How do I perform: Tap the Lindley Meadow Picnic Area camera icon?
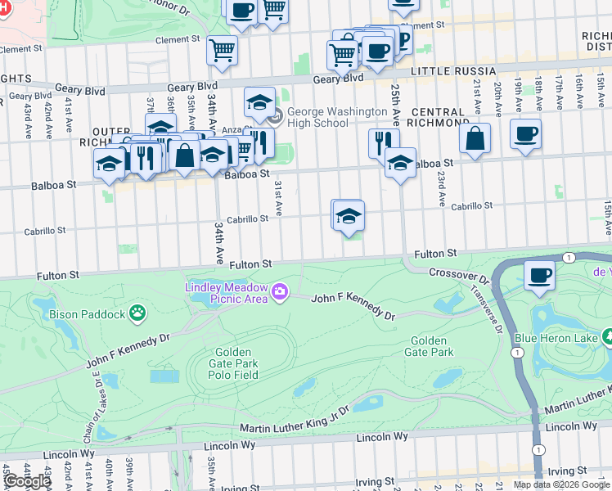tap(281, 291)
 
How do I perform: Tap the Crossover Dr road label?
tap(457, 273)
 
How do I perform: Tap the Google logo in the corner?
tap(27, 481)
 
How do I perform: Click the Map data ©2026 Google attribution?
tap(561, 484)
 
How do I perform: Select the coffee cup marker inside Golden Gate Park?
tap(539, 276)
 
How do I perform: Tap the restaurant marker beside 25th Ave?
tap(382, 142)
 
